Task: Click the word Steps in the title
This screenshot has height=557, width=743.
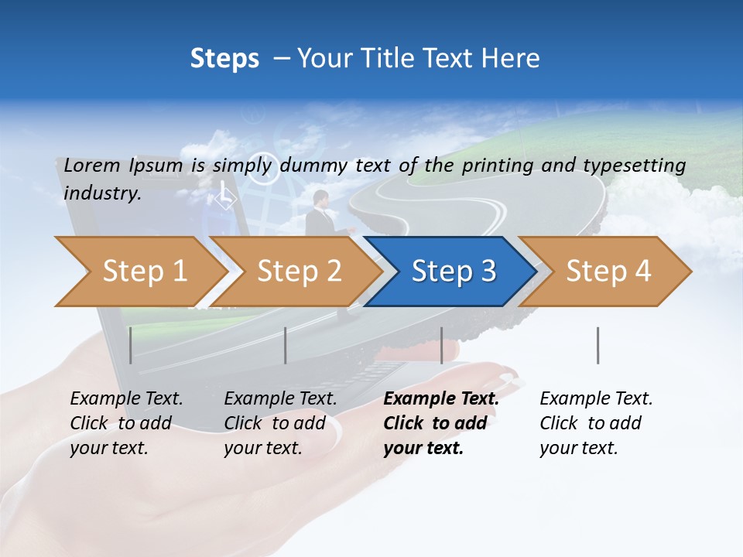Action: pos(224,59)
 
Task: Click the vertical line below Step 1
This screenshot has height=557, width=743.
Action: pos(131,345)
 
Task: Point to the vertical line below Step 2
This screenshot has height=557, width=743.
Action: pos(286,345)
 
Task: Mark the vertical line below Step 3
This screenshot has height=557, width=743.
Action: pos(441,345)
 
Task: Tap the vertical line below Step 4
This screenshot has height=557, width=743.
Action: pos(597,345)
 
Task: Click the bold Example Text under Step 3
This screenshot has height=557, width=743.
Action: pos(441,399)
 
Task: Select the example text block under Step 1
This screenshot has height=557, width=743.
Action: pos(126,423)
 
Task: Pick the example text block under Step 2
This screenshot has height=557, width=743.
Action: pos(280,423)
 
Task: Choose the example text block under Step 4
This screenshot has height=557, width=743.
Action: pos(596,423)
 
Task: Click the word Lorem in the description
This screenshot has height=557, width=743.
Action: pos(92,166)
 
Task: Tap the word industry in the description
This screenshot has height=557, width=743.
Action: pos(102,193)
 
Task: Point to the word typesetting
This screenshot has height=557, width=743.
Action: pos(634,166)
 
